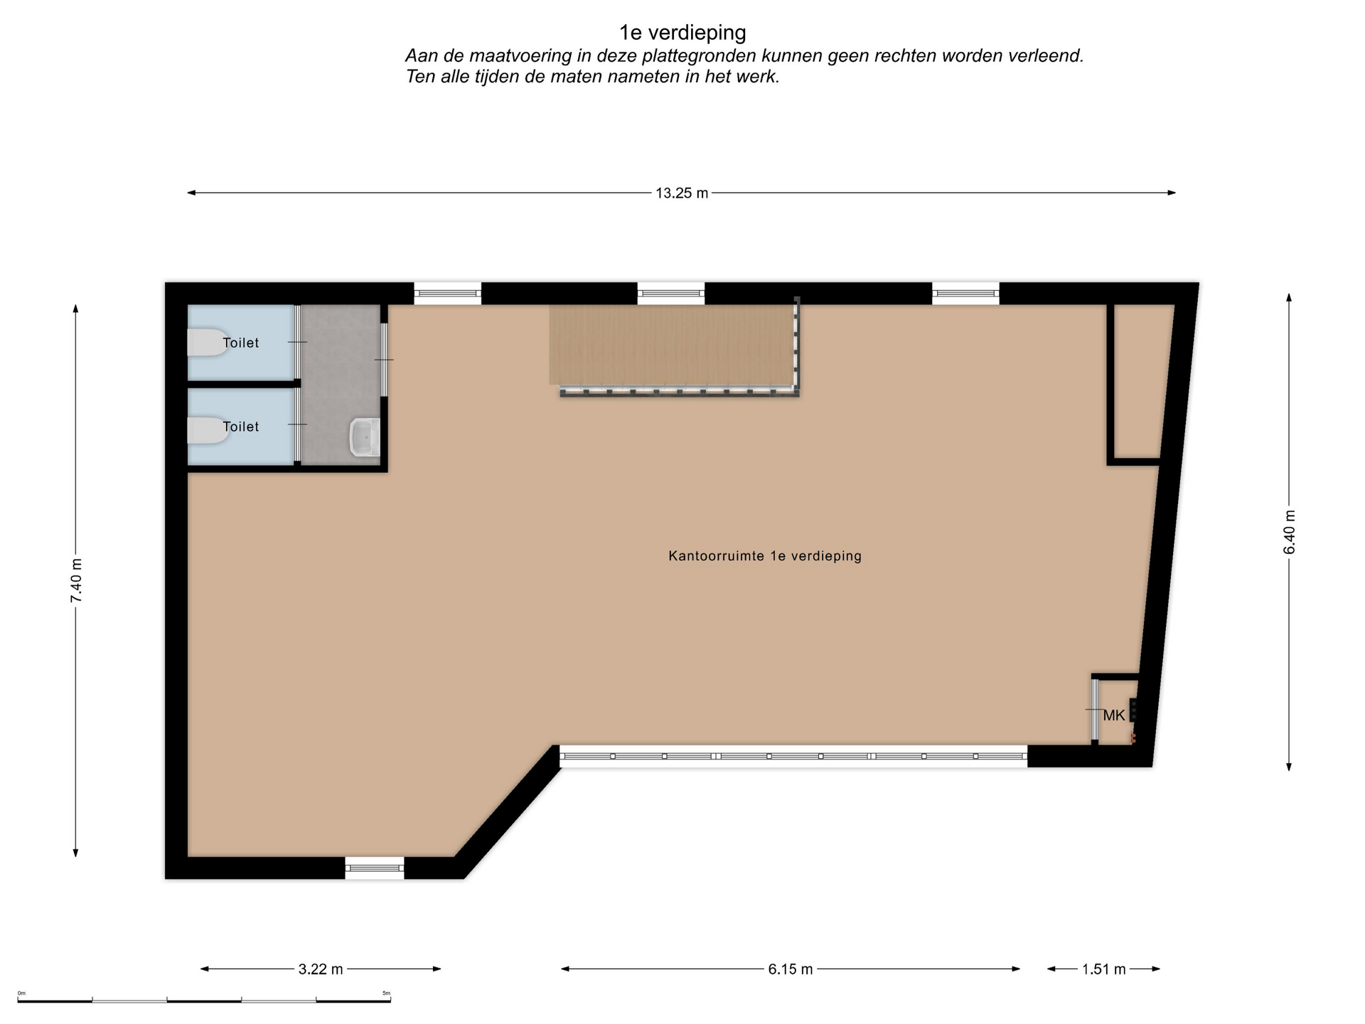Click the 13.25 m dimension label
click(x=682, y=193)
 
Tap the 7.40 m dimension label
click(x=76, y=580)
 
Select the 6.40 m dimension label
click(x=1290, y=532)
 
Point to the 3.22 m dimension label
click(x=321, y=969)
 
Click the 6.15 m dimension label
click(x=791, y=969)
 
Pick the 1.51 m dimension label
click(x=1104, y=969)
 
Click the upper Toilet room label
click(x=241, y=343)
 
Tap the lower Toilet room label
click(x=241, y=427)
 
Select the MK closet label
click(x=1114, y=715)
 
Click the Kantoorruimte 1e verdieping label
click(x=765, y=556)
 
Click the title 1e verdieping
click(x=682, y=33)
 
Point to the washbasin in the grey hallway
click(x=365, y=437)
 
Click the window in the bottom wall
click(x=375, y=868)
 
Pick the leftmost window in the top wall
click(x=448, y=294)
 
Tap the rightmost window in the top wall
click(x=965, y=294)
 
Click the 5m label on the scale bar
click(x=386, y=993)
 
